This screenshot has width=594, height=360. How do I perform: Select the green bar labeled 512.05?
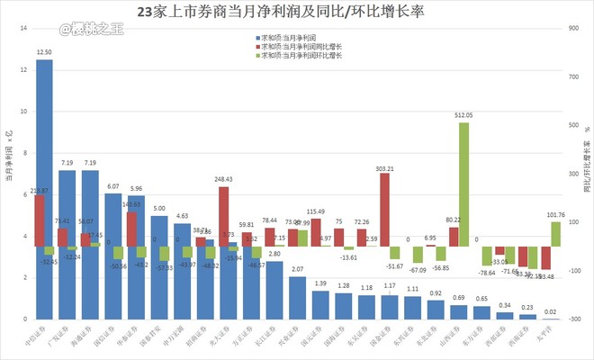(463, 180)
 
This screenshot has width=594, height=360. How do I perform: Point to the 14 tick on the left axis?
(22, 28)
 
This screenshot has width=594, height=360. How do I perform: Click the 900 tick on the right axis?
(574, 28)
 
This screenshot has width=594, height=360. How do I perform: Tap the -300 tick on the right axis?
(574, 319)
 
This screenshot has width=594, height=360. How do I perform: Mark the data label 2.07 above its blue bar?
(297, 270)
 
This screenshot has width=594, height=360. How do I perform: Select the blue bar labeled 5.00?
(158, 270)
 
